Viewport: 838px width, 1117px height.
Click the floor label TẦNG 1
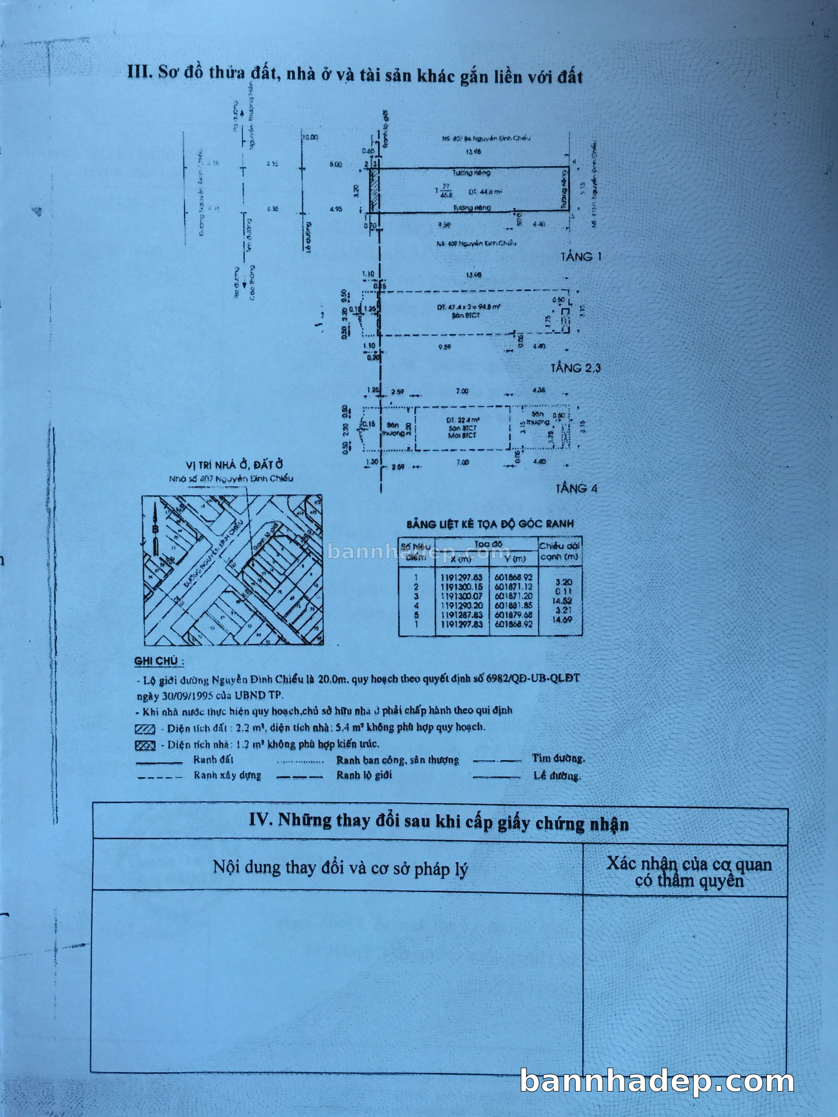coord(581,257)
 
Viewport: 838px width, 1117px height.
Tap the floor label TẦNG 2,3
coord(575,368)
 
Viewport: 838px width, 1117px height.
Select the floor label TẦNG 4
coord(576,488)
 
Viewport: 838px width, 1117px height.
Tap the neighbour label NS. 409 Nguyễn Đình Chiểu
coord(476,243)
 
